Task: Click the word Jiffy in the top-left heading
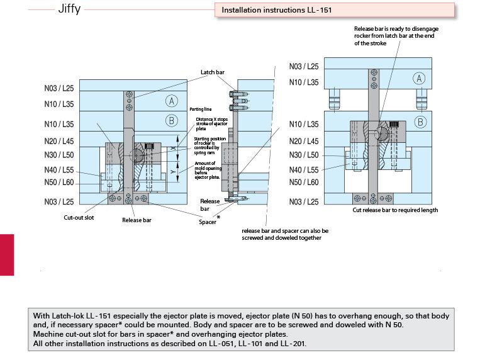pos(69,10)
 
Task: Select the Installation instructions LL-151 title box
pos(334,10)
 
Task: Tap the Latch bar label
pos(213,72)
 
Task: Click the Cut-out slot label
pos(79,217)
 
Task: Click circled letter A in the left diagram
pos(172,101)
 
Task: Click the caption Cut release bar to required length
pos(395,210)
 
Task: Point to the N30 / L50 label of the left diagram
pos(59,155)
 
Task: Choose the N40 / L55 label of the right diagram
pos(304,169)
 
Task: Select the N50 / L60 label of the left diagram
pos(59,183)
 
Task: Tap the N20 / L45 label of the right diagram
pos(304,142)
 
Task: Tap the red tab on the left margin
pos(7,254)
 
